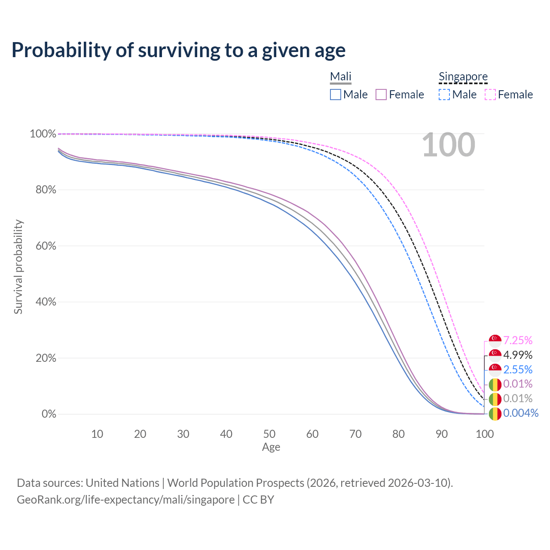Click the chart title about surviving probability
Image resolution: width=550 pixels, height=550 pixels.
pyautogui.click(x=178, y=50)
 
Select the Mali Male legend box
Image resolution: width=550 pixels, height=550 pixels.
pyautogui.click(x=336, y=95)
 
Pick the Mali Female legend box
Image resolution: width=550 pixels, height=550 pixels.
pyautogui.click(x=381, y=95)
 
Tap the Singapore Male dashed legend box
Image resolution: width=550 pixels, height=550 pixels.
pyautogui.click(x=444, y=95)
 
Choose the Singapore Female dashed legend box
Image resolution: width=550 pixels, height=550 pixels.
pyautogui.click(x=490, y=95)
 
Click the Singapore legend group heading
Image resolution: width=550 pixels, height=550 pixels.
pyautogui.click(x=463, y=76)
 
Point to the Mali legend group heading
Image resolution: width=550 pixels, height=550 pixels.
pyautogui.click(x=341, y=76)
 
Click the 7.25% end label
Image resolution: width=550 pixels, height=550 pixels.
pyautogui.click(x=518, y=341)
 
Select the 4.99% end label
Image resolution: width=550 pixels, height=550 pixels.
pyautogui.click(x=518, y=355)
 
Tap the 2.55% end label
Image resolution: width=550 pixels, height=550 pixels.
pyautogui.click(x=518, y=370)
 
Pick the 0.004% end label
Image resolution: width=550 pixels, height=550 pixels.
pyautogui.click(x=521, y=413)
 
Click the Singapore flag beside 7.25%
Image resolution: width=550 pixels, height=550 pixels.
pyautogui.click(x=495, y=341)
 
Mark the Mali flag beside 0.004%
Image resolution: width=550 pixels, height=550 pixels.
pyautogui.click(x=495, y=414)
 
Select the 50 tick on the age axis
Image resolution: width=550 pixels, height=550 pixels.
pyautogui.click(x=269, y=434)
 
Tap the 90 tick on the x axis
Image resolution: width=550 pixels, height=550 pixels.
pyautogui.click(x=442, y=434)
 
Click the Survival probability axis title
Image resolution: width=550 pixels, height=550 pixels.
pyautogui.click(x=18, y=267)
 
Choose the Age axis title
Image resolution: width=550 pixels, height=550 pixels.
pyautogui.click(x=271, y=447)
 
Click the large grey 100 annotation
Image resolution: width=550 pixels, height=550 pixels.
pyautogui.click(x=448, y=145)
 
